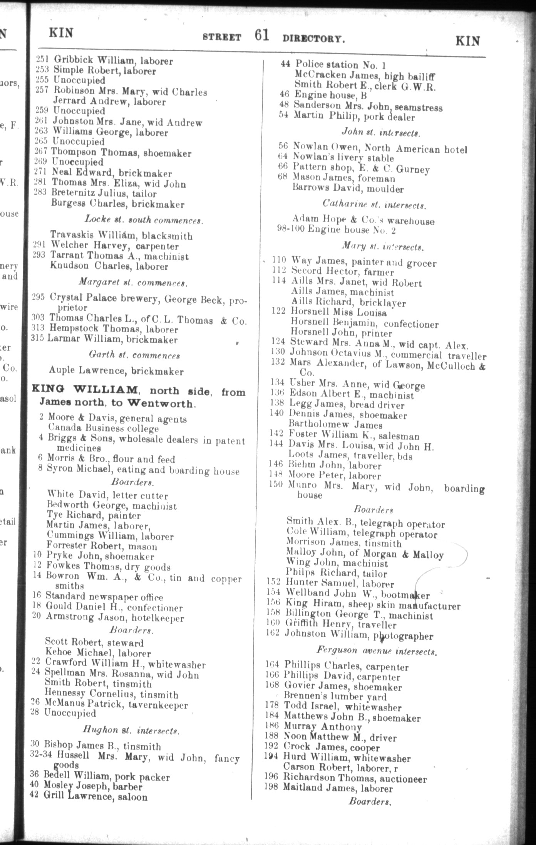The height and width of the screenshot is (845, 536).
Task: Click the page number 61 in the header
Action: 261,35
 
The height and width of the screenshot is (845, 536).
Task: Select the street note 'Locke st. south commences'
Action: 144,220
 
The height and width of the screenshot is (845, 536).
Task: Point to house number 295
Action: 39,297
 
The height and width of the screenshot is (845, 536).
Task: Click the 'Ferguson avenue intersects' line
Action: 376,651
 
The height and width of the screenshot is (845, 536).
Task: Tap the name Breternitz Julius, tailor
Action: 104,193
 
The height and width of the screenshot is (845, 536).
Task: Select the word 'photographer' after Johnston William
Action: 399,636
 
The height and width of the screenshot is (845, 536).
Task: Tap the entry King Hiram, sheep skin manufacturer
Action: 372,606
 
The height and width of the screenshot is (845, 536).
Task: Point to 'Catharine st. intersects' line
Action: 374,204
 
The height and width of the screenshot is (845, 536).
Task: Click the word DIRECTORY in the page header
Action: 313,39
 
